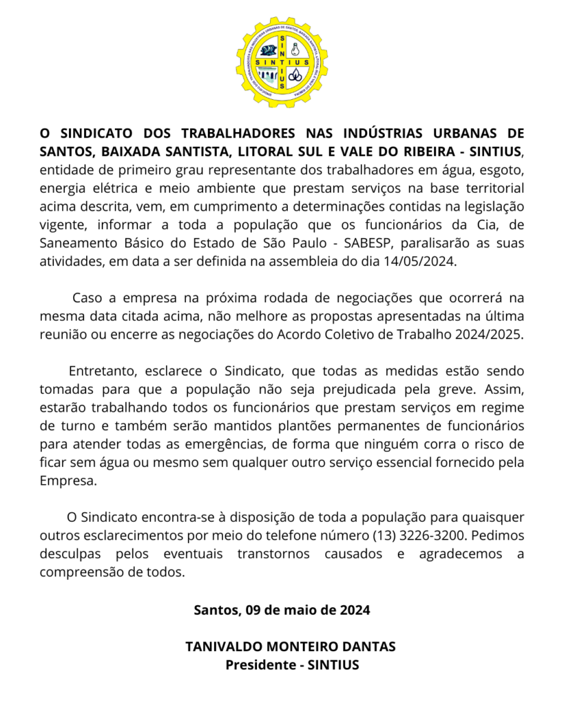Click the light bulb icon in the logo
pos(295,50)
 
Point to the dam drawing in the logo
pos(267,74)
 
